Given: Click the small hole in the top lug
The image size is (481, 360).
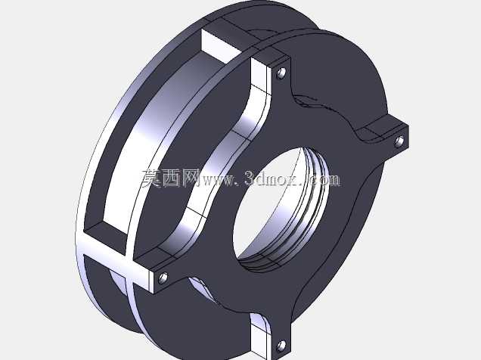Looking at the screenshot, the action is point(281,73).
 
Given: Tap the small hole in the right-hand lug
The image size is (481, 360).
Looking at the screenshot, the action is point(399,141).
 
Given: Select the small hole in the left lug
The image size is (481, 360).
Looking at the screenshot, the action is point(163,278).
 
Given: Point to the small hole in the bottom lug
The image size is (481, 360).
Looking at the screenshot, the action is point(281,346).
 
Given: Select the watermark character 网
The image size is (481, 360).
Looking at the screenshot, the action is point(191,178).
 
